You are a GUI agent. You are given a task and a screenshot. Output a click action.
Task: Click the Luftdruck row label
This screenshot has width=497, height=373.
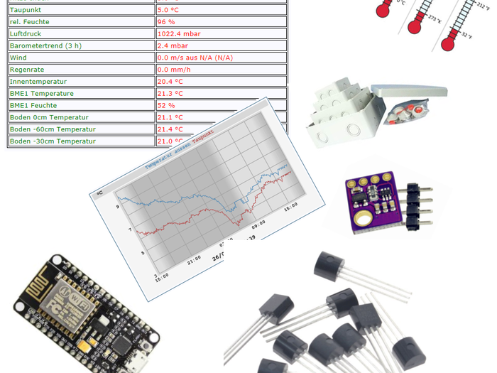point(26,33)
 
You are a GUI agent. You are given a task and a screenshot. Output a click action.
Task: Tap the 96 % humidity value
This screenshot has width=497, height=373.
point(166,22)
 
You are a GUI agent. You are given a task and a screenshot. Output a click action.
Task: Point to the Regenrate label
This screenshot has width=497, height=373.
point(28,70)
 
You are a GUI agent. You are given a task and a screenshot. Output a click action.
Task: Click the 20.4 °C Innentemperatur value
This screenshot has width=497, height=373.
point(170,82)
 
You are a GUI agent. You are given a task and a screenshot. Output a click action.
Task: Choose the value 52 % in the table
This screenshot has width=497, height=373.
point(166,105)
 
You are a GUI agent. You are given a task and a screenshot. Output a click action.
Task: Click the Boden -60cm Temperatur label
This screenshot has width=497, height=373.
point(53,129)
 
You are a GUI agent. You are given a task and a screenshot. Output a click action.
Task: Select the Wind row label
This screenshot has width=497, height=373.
point(18,58)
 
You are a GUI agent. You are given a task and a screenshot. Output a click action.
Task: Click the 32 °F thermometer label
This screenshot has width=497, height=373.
point(466,35)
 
